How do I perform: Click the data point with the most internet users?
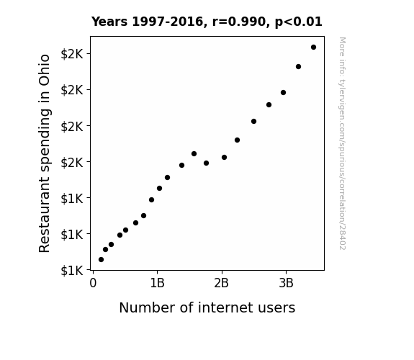313,48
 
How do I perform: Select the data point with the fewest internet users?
101,260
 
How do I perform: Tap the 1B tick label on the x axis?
158,283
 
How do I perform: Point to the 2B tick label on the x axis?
222,283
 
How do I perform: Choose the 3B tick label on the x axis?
287,283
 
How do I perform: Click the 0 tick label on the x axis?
93,283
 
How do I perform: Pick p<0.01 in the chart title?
299,22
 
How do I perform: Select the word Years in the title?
109,22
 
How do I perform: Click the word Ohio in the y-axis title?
45,70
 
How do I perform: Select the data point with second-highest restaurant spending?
298,66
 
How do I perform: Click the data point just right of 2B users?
224,158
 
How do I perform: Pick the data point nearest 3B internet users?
283,92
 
